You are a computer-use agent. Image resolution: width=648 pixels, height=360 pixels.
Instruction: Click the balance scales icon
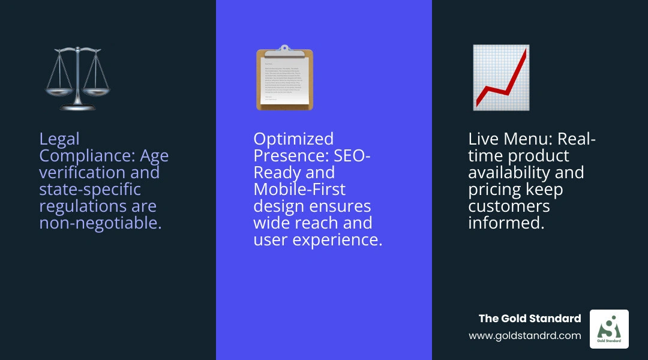tap(78, 78)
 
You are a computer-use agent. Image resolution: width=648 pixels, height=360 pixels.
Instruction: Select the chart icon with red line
tap(501, 77)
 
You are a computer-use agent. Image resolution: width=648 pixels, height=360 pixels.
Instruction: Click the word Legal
tap(59, 139)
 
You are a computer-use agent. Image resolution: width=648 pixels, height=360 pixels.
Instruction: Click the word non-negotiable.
tap(100, 224)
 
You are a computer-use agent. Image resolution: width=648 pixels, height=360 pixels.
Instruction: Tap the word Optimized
tap(293, 139)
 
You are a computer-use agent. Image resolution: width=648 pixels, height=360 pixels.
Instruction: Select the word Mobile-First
tap(299, 190)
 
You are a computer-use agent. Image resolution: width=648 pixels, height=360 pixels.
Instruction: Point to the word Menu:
tap(529, 139)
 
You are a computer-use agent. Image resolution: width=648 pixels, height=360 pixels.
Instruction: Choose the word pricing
tap(495, 190)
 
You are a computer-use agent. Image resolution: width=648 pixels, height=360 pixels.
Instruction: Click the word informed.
tap(505, 224)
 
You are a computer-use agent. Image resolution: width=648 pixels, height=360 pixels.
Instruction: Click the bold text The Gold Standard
tap(530, 319)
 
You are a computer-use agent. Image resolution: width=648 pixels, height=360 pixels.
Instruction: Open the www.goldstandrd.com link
tap(525, 336)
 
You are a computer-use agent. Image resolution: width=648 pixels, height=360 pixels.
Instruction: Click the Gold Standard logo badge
tap(609, 329)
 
